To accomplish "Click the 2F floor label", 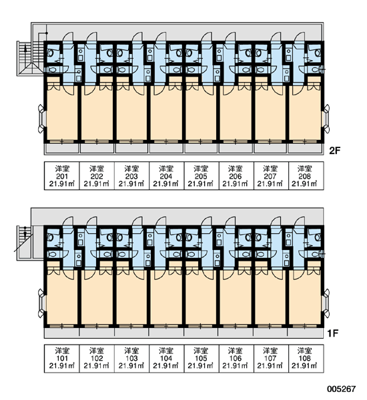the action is click(x=334, y=151).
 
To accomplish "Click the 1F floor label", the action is click(x=333, y=333).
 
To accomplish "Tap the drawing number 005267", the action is click(x=342, y=389).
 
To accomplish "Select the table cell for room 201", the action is click(x=62, y=176).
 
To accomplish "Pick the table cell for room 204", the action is click(x=166, y=176).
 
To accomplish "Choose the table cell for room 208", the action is click(x=306, y=176).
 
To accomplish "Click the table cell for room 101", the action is click(x=62, y=359).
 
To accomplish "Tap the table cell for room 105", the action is click(x=202, y=359).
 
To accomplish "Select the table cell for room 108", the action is click(x=306, y=359).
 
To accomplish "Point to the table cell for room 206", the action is click(x=236, y=176).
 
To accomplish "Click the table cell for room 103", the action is click(x=131, y=359).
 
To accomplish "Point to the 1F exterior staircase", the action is click(x=25, y=243).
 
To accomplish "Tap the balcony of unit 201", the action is click(x=62, y=148).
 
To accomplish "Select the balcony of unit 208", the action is click(x=306, y=148).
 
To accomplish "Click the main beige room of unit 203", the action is click(x=131, y=113).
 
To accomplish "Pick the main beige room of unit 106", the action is click(x=236, y=297).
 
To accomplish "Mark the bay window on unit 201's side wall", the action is click(x=41, y=119).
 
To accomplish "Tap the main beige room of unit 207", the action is click(x=270, y=113).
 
